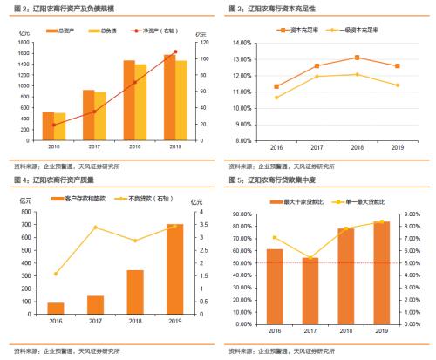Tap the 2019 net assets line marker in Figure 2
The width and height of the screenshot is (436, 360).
tap(175, 52)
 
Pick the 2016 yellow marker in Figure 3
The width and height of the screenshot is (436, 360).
tap(276, 97)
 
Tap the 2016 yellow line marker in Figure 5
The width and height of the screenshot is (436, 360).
tap(276, 237)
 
